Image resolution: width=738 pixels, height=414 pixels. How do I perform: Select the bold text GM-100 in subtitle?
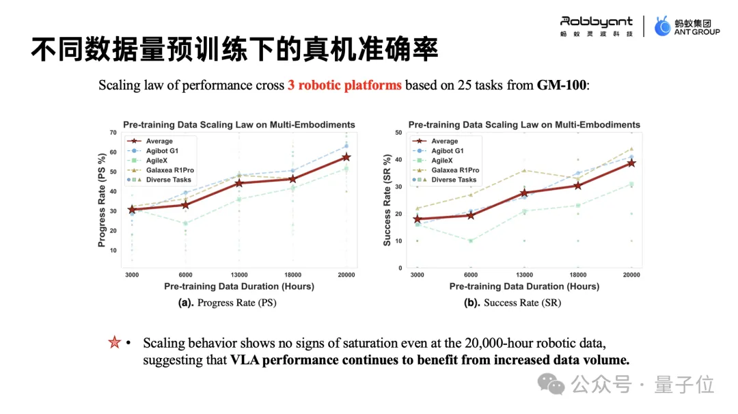561,85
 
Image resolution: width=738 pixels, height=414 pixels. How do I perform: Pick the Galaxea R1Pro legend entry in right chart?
454,170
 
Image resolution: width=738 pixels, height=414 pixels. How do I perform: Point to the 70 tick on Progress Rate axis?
113,132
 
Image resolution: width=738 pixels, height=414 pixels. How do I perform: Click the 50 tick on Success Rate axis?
398,132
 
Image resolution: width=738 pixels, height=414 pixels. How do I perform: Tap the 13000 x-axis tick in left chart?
238,275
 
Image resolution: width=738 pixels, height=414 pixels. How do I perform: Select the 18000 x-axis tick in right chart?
577,275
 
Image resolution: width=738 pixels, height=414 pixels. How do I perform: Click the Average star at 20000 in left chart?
346,157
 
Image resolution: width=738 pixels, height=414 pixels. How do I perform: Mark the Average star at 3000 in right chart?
418,219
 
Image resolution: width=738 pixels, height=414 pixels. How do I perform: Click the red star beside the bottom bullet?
114,342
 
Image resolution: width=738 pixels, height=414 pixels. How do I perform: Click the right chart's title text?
524,124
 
